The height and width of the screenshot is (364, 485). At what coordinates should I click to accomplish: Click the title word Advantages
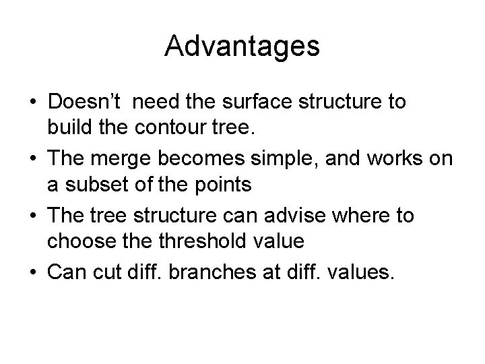click(x=242, y=47)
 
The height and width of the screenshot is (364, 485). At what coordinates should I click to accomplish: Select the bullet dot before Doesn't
click(x=33, y=103)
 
